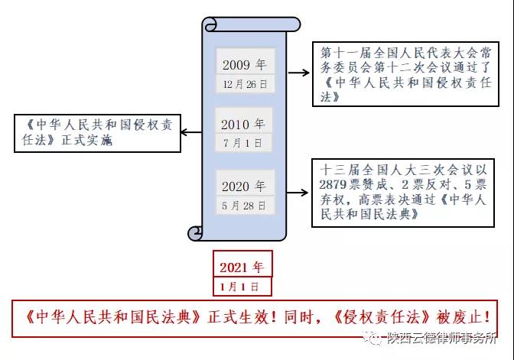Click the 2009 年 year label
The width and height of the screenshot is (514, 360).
click(x=244, y=64)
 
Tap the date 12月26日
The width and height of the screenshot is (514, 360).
click(x=244, y=82)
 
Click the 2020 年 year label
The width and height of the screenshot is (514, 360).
click(x=244, y=186)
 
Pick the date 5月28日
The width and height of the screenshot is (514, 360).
click(x=244, y=206)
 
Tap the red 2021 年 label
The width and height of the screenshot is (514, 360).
click(x=242, y=268)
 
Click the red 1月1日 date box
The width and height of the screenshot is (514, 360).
click(x=242, y=287)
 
